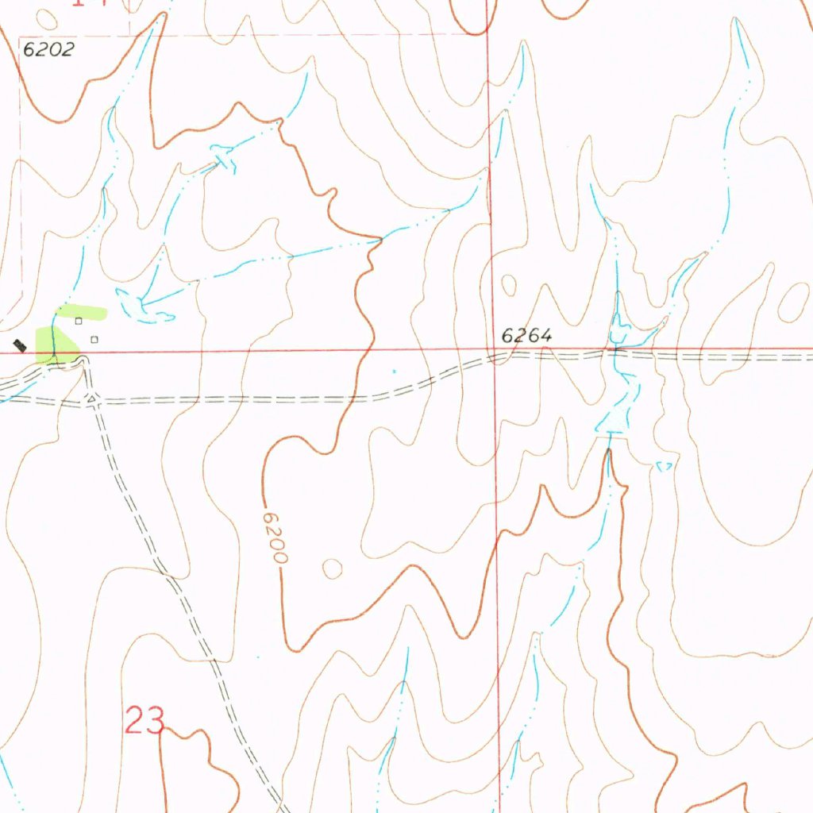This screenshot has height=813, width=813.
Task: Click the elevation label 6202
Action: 48,49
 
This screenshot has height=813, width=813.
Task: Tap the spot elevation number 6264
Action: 526,336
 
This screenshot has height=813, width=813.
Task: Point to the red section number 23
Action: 145,722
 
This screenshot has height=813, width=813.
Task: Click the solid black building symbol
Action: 20,345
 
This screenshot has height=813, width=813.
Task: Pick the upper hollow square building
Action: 79,322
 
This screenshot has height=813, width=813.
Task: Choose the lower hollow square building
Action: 94,340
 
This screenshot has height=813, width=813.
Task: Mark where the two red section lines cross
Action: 493,349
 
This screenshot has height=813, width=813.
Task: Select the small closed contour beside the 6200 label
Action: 332,568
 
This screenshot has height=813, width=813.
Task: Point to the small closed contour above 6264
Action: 508,283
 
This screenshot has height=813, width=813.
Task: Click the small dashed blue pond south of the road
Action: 665,467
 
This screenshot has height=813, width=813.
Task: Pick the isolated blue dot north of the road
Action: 395,370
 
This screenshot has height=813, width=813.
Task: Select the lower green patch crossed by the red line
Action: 57,349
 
